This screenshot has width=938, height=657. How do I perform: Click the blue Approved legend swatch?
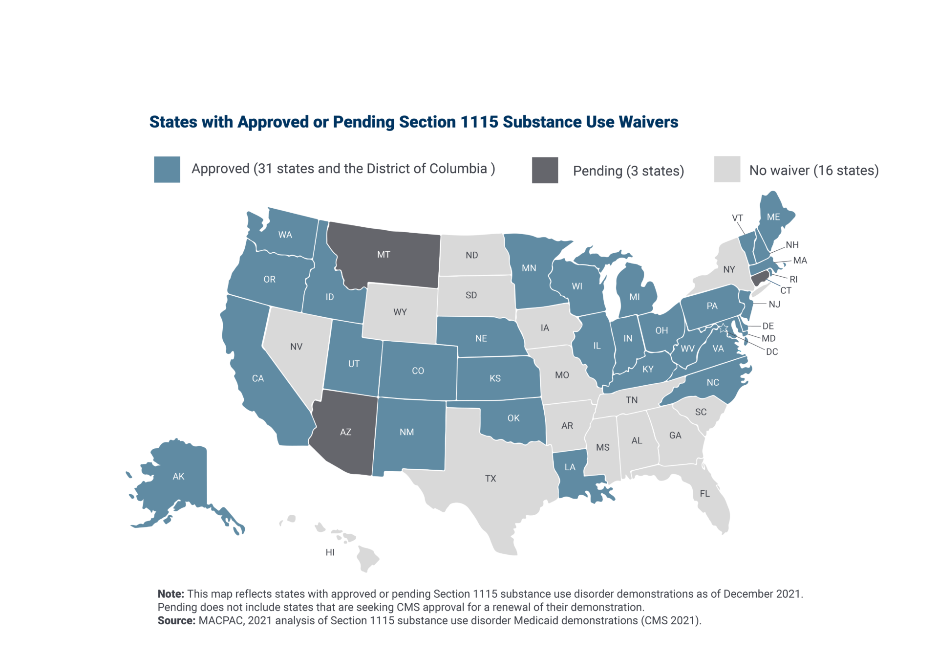167,169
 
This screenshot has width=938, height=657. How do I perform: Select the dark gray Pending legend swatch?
545,170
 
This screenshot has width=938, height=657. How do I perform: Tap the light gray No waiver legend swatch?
727,169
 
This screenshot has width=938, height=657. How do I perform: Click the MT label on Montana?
384,255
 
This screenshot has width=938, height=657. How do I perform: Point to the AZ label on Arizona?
345,432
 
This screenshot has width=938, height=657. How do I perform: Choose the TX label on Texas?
490,479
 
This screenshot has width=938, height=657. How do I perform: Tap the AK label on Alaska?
178,476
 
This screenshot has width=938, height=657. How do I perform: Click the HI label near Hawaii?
330,552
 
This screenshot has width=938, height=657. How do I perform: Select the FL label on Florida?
704,494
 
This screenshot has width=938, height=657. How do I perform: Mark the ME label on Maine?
773,217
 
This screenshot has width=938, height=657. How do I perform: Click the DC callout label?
772,352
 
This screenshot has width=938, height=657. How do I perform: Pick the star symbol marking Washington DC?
724,328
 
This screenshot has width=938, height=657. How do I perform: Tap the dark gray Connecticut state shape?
759,279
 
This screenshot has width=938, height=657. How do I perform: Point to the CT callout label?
786,291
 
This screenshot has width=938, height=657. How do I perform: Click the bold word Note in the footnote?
170,594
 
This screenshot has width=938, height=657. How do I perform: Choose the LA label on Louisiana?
570,467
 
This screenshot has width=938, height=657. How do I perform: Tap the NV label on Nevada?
296,347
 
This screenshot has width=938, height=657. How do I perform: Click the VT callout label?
737,218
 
